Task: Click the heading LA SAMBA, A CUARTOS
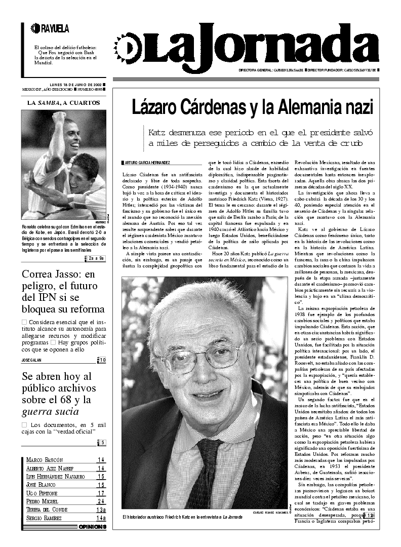(x=64, y=103)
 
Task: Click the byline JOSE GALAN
(x=31, y=360)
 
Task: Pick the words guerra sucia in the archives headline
(x=50, y=411)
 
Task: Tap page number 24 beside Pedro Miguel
(x=101, y=501)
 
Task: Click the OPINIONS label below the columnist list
(x=92, y=527)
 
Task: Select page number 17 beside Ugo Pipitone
(x=101, y=493)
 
